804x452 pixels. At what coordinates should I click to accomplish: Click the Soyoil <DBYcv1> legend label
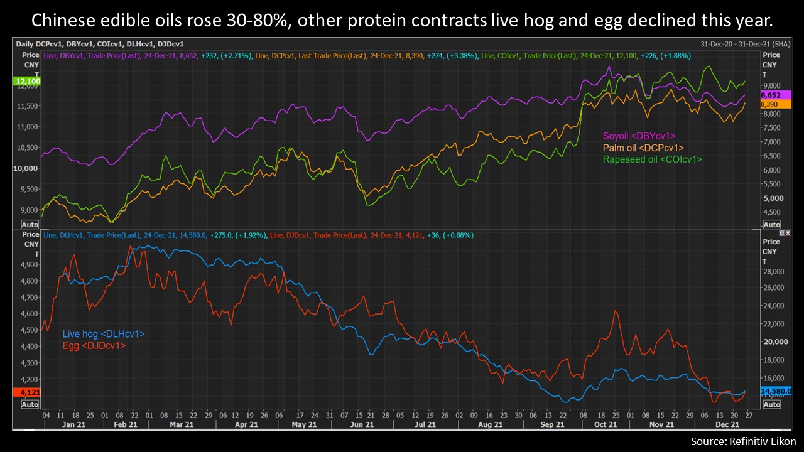pos(639,136)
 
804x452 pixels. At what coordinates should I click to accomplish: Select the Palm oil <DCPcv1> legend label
pos(643,148)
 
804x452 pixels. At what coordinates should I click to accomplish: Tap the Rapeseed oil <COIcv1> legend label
pos(652,159)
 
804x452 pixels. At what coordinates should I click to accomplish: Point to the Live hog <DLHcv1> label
pos(104,334)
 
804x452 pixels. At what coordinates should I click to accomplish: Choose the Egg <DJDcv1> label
pos(94,345)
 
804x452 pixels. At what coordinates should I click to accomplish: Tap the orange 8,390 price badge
pos(774,104)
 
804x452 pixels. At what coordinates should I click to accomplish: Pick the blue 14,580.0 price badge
pos(776,391)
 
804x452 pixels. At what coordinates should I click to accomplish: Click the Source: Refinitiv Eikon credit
pos(743,440)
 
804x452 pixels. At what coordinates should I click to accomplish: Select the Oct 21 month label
pos(606,424)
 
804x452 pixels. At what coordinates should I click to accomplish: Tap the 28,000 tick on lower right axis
pos(774,272)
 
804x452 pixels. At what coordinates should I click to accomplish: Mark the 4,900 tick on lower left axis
pos(28,265)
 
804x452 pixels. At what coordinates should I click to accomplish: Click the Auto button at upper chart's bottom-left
pos(30,224)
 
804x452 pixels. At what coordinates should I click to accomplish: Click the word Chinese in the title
pos(70,21)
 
